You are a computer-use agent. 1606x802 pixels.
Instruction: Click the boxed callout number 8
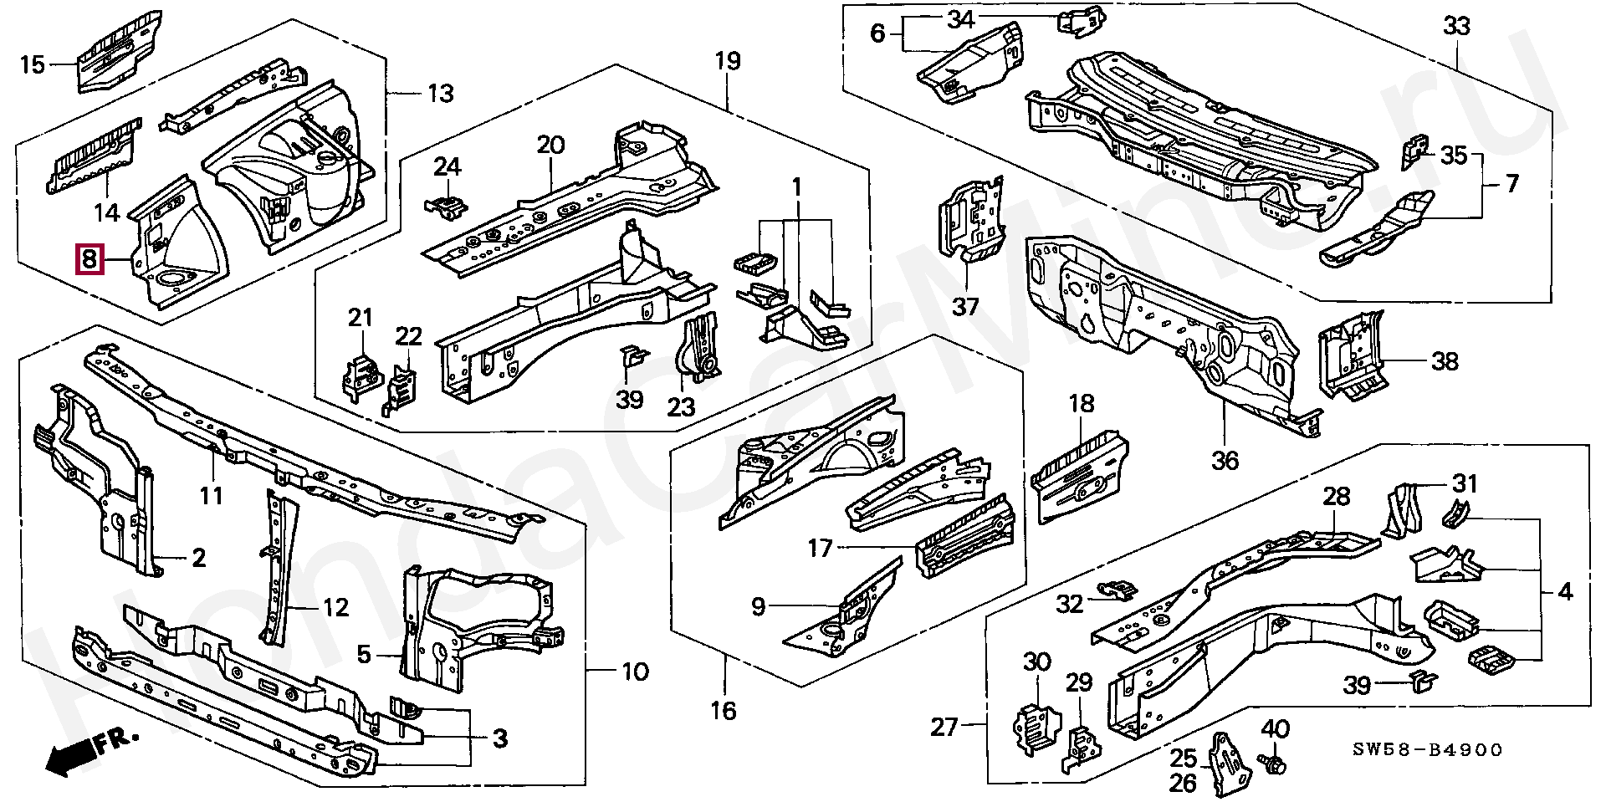tap(89, 260)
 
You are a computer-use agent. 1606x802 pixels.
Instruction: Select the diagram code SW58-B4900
tap(1427, 749)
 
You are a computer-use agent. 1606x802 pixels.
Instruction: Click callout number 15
tap(33, 64)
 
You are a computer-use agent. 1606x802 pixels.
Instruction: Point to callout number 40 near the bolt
tap(1276, 728)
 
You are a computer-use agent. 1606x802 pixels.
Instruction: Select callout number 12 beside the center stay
tap(335, 607)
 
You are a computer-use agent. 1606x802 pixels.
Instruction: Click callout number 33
tap(1456, 26)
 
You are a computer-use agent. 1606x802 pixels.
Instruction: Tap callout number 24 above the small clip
tap(448, 166)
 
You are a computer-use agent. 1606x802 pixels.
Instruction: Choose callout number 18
tap(1082, 403)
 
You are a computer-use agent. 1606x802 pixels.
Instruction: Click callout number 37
tap(966, 306)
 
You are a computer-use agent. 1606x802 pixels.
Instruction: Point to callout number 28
tap(1337, 496)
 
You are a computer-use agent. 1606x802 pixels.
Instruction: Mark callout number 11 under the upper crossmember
tap(211, 496)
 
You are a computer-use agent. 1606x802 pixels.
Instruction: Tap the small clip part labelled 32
tap(1118, 589)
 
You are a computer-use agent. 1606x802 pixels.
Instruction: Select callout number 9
tap(758, 606)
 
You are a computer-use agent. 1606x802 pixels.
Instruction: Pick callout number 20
tap(550, 146)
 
